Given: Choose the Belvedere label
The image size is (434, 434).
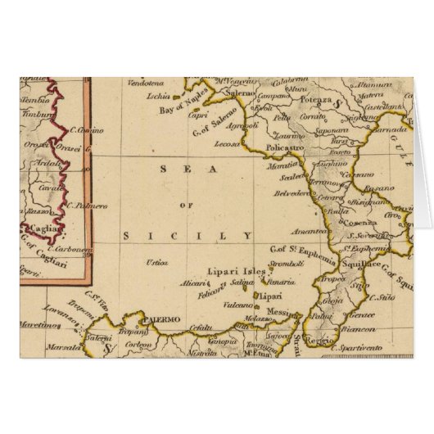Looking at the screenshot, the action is click(x=291, y=191).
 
